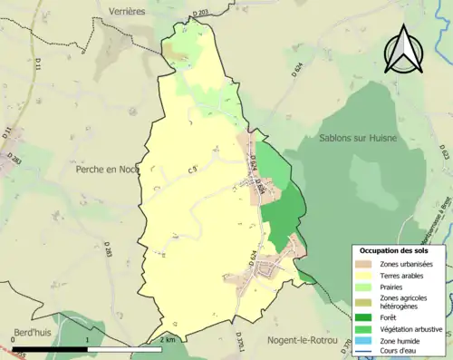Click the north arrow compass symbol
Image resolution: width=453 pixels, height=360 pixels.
click(405, 49)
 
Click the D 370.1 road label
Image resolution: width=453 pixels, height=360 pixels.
click(241, 345)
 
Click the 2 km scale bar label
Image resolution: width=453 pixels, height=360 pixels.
click(166, 339)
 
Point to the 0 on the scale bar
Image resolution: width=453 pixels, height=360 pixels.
click(14, 339)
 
